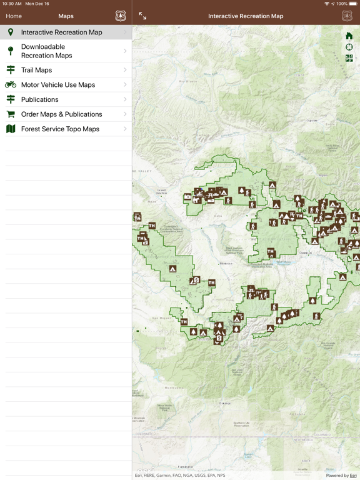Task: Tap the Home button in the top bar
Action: [13, 16]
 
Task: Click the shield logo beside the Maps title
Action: [121, 16]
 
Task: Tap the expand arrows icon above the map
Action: [142, 16]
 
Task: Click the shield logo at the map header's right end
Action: [347, 16]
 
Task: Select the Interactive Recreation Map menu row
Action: [66, 32]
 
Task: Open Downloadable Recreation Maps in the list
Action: [66, 51]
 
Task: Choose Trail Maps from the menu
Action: [66, 70]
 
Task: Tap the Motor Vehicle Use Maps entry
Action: [66, 85]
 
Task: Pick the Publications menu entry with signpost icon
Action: [66, 99]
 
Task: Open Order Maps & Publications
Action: [66, 114]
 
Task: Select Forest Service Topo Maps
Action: [66, 129]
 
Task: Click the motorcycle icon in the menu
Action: [11, 85]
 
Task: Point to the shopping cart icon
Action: [11, 114]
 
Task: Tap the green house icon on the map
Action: [349, 36]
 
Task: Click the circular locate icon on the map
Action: [349, 47]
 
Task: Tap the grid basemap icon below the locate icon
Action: [349, 59]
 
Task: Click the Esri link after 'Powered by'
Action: [353, 476]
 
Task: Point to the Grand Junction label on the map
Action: [162, 191]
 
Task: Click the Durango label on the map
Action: [224, 403]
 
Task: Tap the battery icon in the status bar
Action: [353, 4]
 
